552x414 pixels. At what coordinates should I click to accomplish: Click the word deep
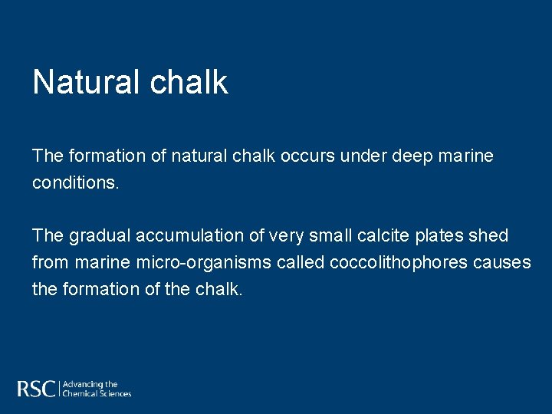point(414,156)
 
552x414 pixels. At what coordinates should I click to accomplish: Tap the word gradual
point(99,236)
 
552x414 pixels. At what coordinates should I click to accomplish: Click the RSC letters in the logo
point(36,389)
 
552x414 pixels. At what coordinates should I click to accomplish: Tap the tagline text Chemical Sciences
point(97,394)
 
